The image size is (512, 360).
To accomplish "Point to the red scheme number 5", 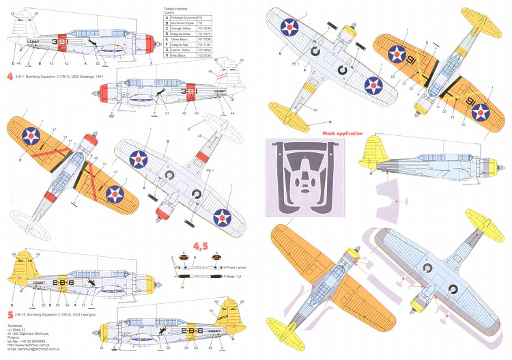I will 7,314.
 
